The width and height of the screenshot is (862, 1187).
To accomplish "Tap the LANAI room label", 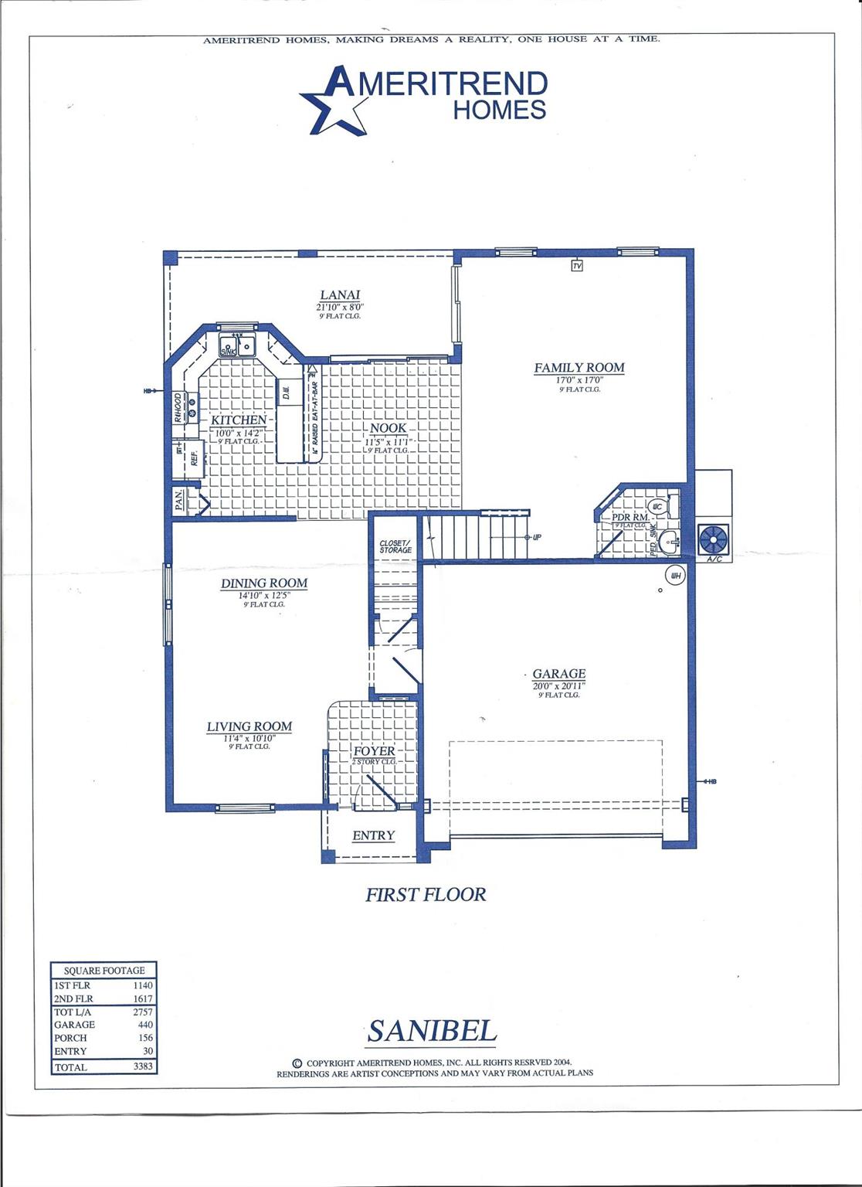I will tap(340, 294).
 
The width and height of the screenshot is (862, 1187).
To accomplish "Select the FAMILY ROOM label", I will tap(579, 368).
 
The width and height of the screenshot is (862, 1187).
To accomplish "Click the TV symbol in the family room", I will tap(576, 266).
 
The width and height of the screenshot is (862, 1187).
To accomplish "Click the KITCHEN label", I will tap(239, 420).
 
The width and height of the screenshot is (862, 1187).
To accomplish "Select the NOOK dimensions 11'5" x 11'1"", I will tap(389, 440).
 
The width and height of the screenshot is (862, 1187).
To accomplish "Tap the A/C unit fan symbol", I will tap(714, 539).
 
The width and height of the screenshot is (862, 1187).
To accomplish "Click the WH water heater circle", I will tap(675, 576).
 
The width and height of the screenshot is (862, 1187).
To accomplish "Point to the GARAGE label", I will tap(559, 674).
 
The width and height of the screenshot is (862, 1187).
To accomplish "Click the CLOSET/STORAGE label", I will tap(395, 546).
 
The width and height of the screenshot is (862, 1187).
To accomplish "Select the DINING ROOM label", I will tap(264, 583).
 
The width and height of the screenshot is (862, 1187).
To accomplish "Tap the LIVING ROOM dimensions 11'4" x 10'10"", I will tap(249, 738).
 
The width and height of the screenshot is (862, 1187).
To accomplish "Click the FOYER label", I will tap(374, 751).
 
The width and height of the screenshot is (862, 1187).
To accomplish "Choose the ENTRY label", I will tap(373, 835).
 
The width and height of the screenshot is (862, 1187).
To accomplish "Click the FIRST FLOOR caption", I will tap(426, 895).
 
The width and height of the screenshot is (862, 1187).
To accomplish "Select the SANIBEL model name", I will tap(432, 1032).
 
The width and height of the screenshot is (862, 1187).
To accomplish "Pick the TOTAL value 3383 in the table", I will tap(143, 1067).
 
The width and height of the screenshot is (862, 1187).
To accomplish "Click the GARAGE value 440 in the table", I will tap(145, 1025).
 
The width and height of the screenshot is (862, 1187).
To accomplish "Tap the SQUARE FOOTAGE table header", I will tap(104, 971).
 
